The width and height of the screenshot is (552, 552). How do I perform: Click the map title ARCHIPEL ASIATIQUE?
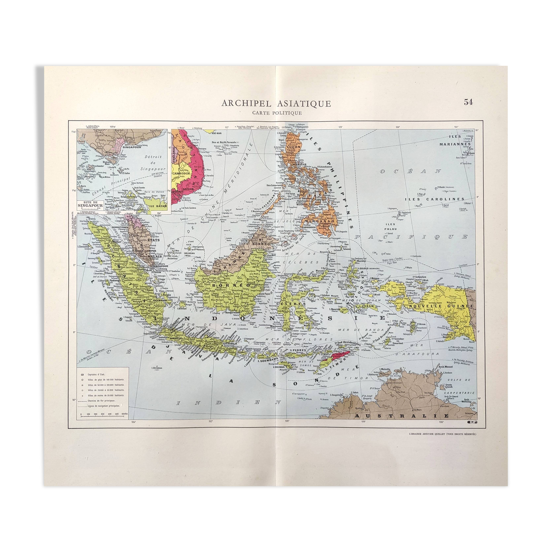coord(276,103)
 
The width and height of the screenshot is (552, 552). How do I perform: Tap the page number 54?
coord(468,102)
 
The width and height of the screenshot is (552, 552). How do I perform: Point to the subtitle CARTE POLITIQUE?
coord(277,113)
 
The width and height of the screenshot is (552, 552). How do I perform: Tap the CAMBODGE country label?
coord(181,174)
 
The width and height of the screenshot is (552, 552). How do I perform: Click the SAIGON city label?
coord(188,189)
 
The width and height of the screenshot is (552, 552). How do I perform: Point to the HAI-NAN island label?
coord(216,133)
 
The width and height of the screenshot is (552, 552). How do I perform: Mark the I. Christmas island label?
coord(156,367)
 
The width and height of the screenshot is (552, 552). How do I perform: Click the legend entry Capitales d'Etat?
coord(96,374)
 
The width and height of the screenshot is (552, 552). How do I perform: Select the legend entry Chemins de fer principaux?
coord(101,400)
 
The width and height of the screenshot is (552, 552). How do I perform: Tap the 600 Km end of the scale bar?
coord(125,414)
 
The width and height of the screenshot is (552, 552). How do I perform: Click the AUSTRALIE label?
coord(402,416)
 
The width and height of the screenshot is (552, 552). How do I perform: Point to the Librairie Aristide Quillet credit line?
coord(442,434)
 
